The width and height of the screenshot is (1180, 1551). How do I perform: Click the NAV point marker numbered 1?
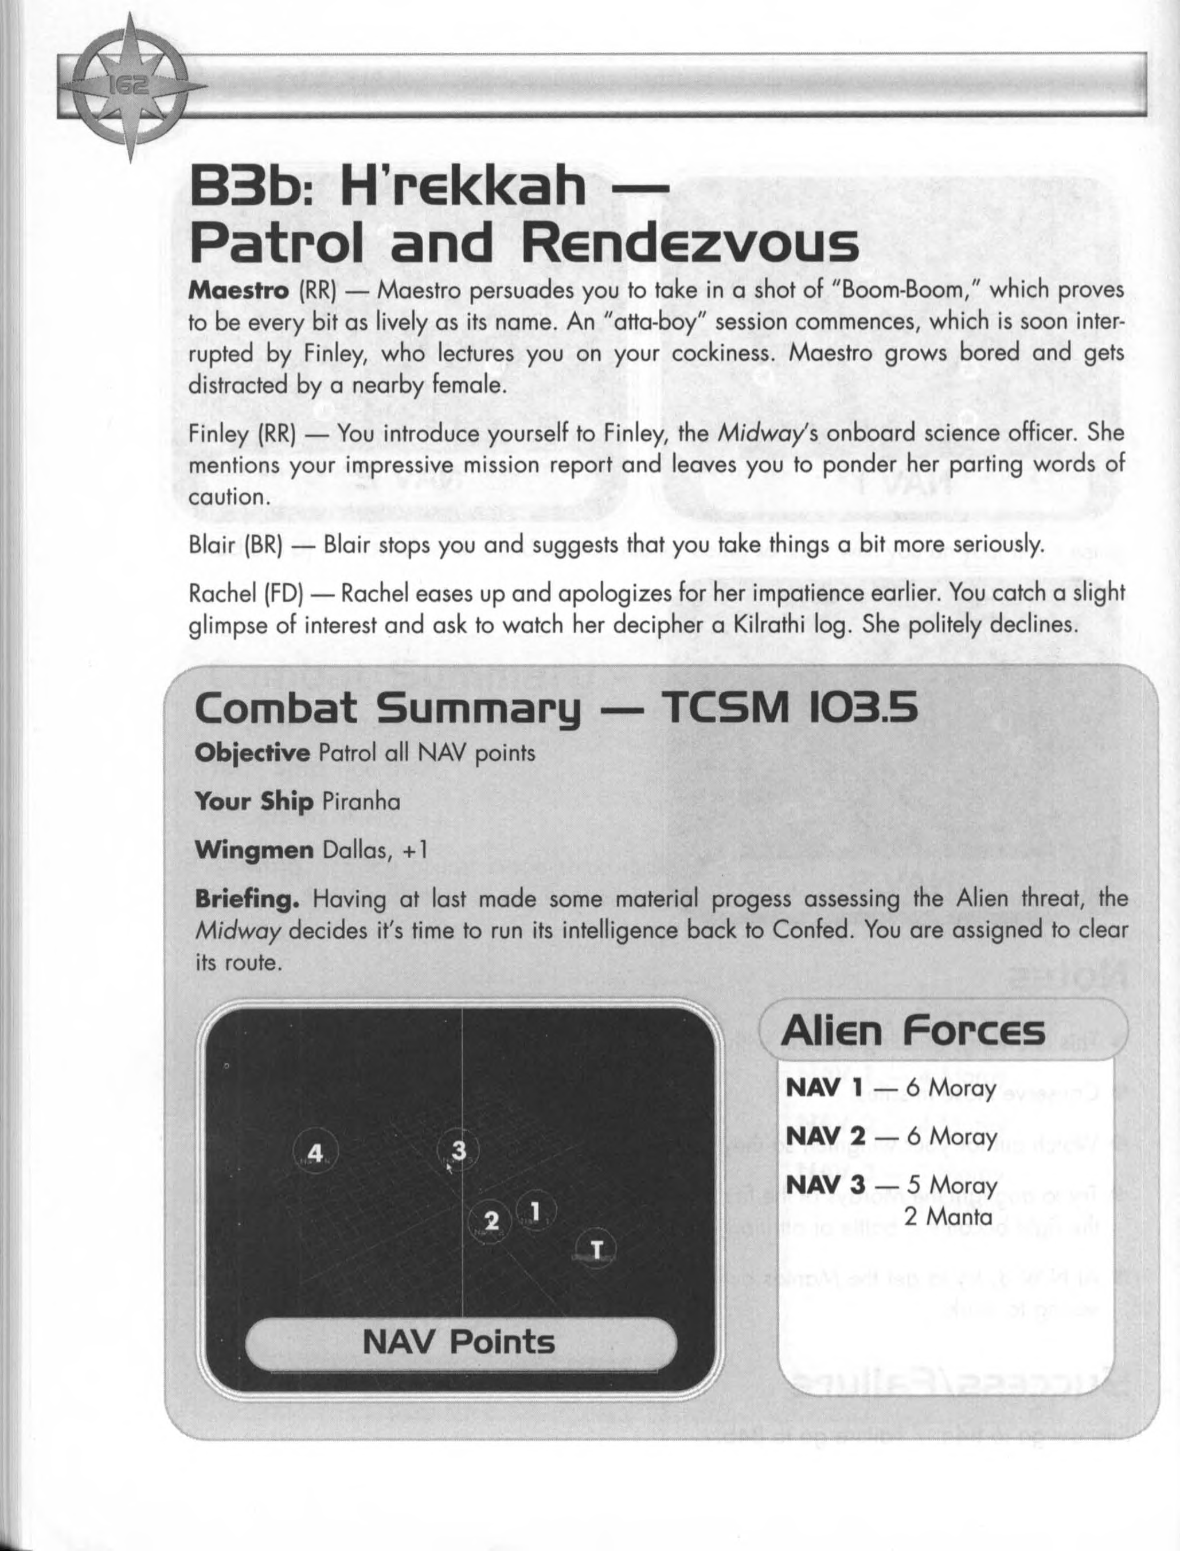click(x=535, y=1211)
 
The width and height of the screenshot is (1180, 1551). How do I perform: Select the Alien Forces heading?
click(x=912, y=1032)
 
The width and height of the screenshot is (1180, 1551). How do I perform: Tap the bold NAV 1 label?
click(x=824, y=1088)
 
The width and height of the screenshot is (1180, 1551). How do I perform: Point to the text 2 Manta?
click(x=948, y=1216)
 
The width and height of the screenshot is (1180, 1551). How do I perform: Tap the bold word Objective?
click(x=252, y=753)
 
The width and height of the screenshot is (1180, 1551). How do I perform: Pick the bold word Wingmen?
click(x=254, y=850)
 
